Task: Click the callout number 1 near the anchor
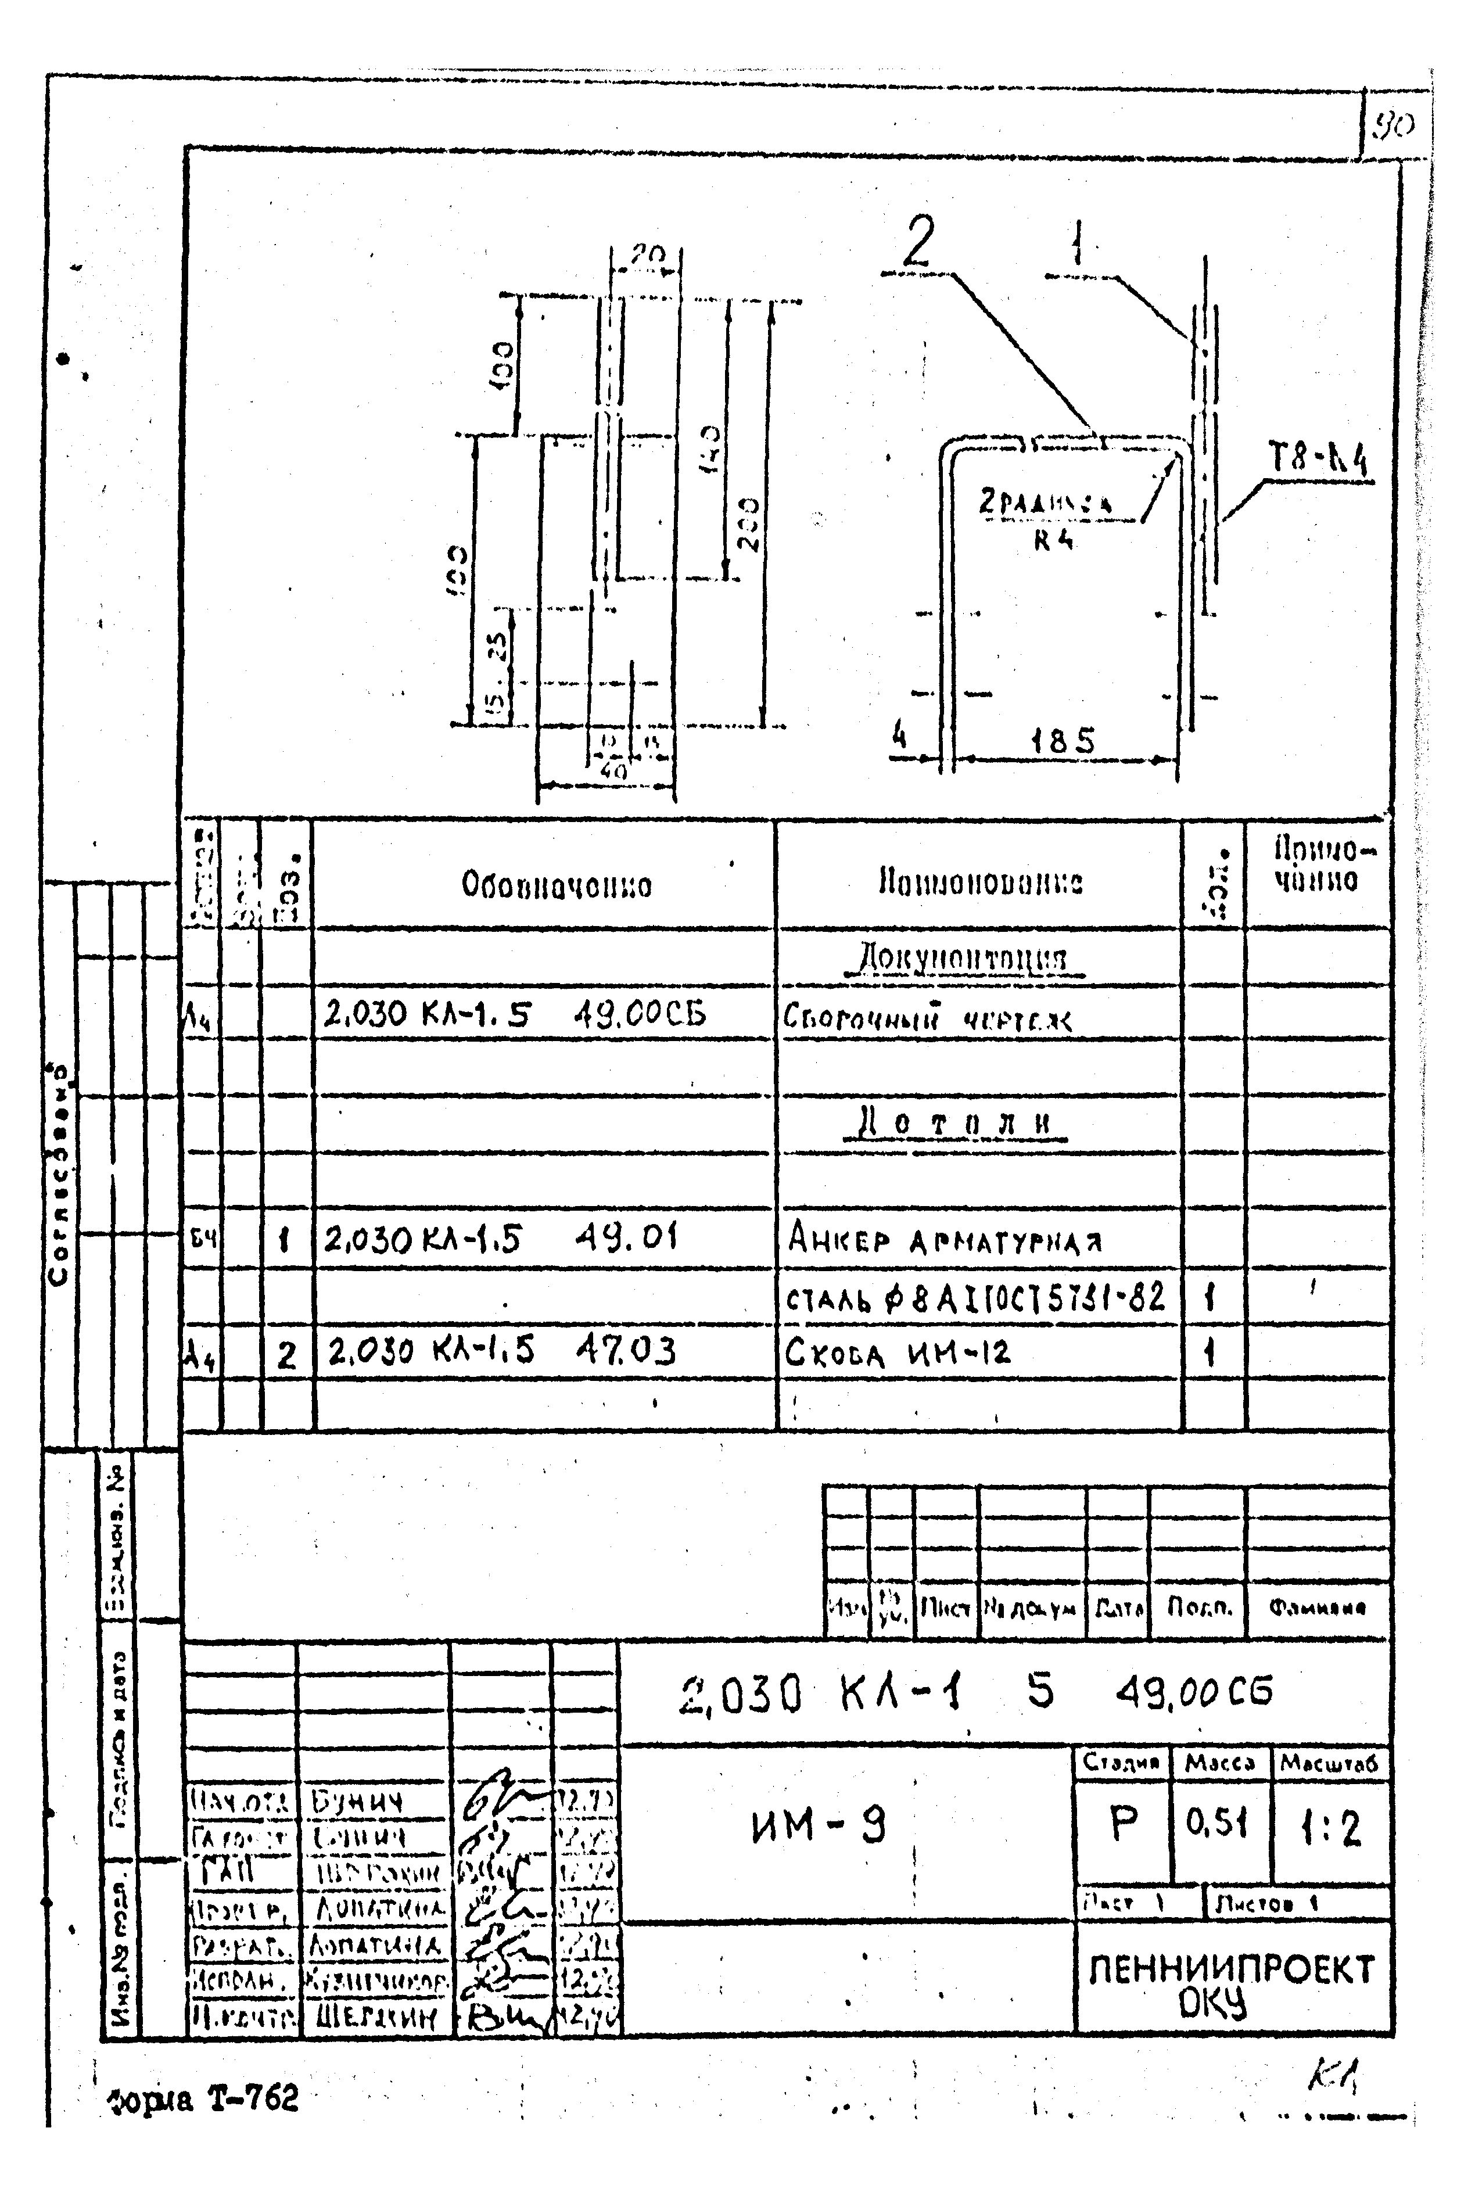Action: (x=1078, y=243)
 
